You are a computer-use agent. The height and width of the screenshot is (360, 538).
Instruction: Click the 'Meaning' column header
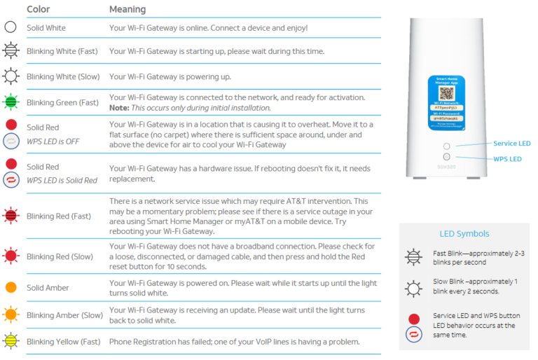(x=127, y=9)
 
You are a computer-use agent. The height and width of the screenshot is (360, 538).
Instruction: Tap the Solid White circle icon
(x=11, y=28)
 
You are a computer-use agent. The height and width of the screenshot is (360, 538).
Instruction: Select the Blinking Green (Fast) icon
(x=11, y=102)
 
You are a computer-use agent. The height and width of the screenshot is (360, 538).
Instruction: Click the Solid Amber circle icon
(x=11, y=288)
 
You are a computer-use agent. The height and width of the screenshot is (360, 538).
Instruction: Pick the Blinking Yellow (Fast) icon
(x=11, y=342)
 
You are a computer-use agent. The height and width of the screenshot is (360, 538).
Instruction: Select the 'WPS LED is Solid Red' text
(x=62, y=180)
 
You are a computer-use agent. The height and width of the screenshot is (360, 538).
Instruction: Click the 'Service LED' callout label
(x=512, y=144)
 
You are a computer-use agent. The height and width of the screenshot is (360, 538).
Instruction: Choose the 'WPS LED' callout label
(x=507, y=159)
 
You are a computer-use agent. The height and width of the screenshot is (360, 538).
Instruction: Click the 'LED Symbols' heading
(x=465, y=233)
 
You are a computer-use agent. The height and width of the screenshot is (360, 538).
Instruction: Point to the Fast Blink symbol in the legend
(x=414, y=257)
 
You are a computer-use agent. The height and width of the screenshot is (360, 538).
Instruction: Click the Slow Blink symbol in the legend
(x=414, y=287)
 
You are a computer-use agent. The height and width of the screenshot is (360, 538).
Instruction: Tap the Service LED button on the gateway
(x=446, y=146)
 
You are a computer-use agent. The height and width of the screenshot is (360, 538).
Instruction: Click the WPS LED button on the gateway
(x=446, y=158)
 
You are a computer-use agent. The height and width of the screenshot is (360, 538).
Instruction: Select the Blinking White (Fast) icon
(x=11, y=51)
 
